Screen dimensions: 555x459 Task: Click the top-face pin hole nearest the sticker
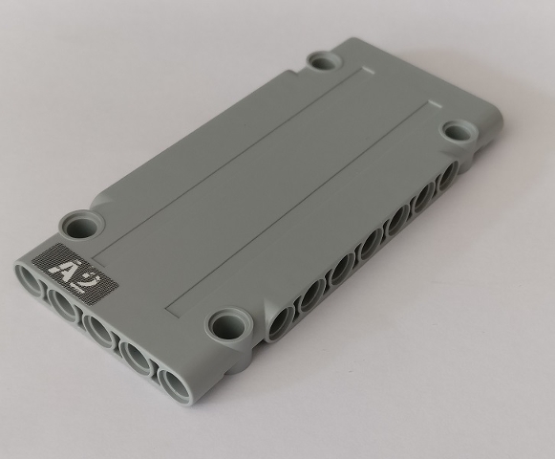click(x=83, y=226)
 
